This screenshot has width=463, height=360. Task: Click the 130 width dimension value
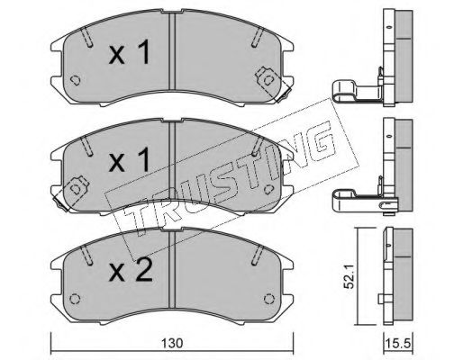click(x=172, y=343)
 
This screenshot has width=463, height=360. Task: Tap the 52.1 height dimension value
click(x=350, y=276)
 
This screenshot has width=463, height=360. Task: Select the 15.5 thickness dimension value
click(x=399, y=344)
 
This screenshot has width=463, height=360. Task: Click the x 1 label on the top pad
click(x=129, y=53)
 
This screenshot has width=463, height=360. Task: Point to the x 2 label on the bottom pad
click(x=131, y=269)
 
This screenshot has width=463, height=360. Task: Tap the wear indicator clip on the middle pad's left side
click(x=71, y=193)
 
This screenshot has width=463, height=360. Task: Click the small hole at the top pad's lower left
click(x=75, y=80)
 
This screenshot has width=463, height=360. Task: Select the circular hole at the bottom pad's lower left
click(x=75, y=299)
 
